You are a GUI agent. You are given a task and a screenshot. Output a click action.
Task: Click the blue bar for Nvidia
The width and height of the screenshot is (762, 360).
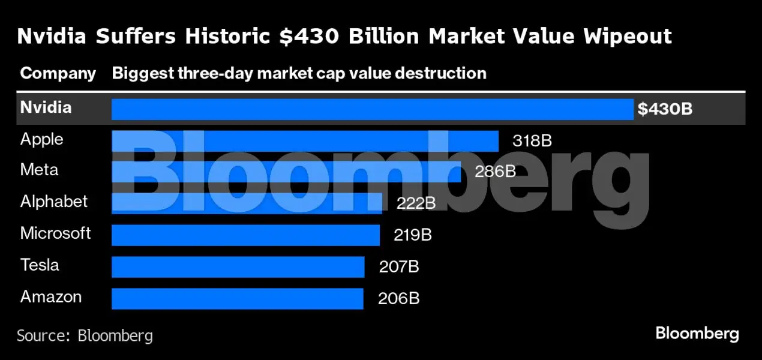(x=372, y=109)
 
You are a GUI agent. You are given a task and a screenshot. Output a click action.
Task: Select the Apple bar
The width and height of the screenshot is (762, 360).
(x=305, y=141)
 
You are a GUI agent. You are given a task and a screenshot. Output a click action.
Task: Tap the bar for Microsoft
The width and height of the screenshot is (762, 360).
(x=245, y=235)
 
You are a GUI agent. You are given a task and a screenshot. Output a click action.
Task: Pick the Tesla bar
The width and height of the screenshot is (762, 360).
(x=238, y=266)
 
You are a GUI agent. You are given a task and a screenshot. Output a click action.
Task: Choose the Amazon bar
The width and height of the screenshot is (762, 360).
(x=237, y=298)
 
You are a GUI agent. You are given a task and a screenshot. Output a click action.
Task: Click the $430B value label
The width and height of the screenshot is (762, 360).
(x=665, y=109)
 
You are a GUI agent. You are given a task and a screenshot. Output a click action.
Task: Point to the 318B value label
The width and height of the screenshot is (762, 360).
(x=532, y=141)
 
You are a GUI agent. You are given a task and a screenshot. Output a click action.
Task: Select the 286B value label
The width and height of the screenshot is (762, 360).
(x=495, y=172)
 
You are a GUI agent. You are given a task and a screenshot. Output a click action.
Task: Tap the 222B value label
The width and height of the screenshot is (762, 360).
(x=416, y=203)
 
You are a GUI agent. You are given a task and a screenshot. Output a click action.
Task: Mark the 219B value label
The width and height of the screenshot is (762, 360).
(x=413, y=235)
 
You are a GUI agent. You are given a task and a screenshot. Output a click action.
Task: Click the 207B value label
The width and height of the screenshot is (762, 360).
(x=398, y=266)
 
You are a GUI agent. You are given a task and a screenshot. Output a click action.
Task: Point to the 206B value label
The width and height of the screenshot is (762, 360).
(x=398, y=298)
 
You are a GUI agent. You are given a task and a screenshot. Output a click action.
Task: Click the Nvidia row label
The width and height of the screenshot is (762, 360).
(x=46, y=107)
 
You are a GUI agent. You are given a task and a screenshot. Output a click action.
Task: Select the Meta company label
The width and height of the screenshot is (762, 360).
(x=39, y=170)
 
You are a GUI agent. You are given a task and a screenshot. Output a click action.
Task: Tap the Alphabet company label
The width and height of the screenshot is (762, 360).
(x=54, y=202)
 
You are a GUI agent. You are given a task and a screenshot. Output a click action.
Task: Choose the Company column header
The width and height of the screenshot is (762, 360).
(x=58, y=73)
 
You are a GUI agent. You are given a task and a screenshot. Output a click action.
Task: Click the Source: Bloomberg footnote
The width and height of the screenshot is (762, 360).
(x=85, y=335)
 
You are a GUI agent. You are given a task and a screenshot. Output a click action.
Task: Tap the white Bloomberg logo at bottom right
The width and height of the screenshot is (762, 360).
(x=697, y=334)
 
